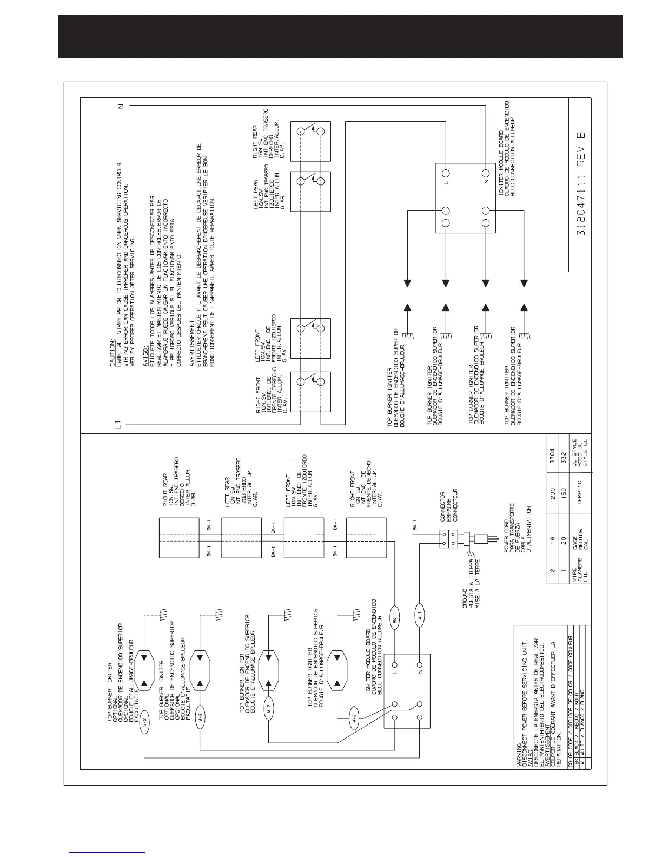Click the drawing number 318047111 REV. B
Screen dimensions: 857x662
point(579,184)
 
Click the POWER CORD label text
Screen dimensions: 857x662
point(506,547)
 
